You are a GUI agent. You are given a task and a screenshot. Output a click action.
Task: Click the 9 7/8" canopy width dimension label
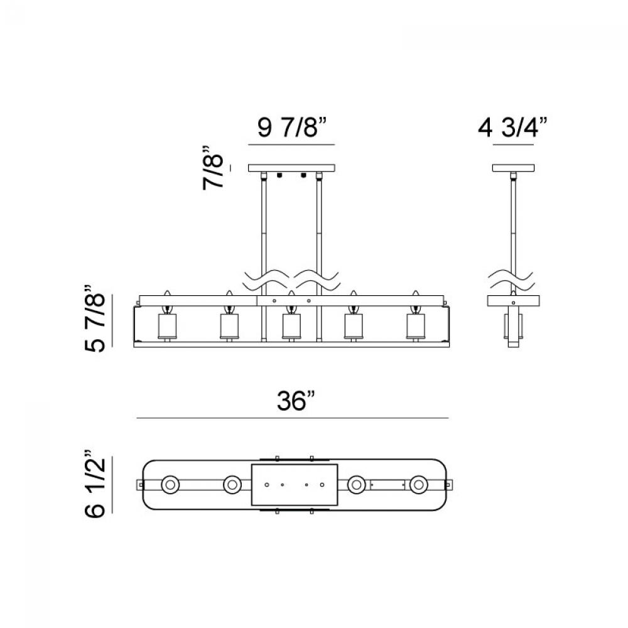click(292, 127)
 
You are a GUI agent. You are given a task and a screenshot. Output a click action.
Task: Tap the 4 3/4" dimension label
click(512, 127)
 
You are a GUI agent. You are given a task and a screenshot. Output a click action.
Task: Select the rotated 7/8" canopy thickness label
click(212, 168)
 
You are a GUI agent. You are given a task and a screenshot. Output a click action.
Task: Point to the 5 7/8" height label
click(95, 319)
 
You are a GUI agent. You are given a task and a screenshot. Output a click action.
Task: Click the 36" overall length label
click(296, 401)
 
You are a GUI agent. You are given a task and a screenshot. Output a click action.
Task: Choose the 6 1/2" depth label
click(95, 484)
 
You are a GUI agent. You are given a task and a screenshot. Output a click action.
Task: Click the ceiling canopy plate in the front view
click(291, 168)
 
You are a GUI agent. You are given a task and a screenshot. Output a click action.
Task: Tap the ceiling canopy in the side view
click(513, 168)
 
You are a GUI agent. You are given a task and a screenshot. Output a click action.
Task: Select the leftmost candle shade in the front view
click(168, 325)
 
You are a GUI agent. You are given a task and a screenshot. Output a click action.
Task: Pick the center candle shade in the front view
click(291, 325)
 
